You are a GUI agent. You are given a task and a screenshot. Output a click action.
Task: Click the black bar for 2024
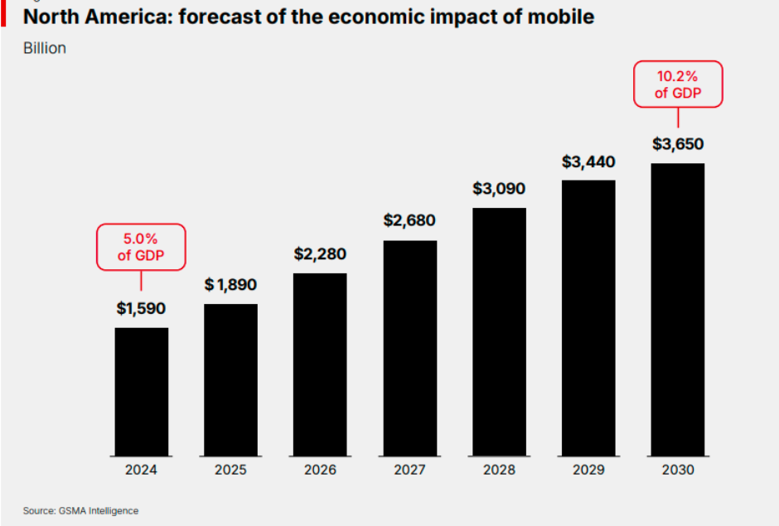[142, 391]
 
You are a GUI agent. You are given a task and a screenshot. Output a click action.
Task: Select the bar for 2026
[320, 364]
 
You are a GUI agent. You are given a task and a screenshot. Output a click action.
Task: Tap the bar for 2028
[499, 331]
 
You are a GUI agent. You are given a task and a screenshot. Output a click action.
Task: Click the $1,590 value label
[141, 309]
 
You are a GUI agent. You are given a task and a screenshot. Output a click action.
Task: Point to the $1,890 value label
[230, 285]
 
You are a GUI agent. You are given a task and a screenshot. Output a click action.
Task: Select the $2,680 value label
[409, 220]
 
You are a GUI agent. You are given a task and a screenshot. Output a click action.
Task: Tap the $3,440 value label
[588, 162]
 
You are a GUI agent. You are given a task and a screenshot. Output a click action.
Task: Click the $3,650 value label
[678, 144]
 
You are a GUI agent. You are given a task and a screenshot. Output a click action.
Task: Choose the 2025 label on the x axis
[230, 470]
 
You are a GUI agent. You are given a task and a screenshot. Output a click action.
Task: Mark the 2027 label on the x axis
[409, 470]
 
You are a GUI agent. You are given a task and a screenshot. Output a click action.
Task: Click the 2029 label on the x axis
[588, 470]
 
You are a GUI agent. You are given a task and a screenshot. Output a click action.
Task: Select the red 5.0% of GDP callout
[141, 247]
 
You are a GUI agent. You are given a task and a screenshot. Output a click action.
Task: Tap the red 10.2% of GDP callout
[678, 84]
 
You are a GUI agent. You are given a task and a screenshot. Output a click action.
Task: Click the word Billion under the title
[45, 48]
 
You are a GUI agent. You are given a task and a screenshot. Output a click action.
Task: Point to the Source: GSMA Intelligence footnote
[80, 510]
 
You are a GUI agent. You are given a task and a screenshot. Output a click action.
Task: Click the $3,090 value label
[499, 188]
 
